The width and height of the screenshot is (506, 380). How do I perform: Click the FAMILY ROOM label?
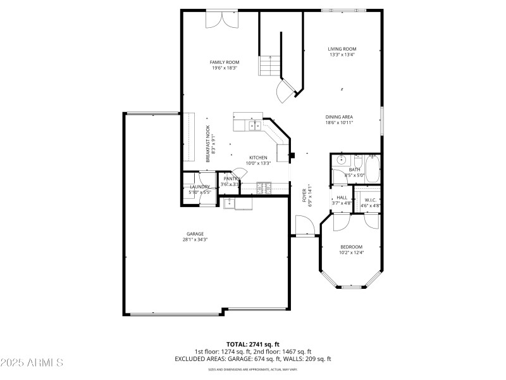(225, 62)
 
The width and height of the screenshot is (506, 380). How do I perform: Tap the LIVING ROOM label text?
(342, 49)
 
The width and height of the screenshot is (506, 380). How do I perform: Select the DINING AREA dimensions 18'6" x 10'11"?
(339, 122)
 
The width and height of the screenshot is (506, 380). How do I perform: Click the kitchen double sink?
(256, 126)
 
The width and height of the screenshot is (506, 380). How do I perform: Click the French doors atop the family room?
(221, 20)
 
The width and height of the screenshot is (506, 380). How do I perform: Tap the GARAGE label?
(195, 234)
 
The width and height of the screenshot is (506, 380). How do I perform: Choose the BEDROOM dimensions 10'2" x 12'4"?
(351, 253)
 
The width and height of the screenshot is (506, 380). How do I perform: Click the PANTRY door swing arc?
(239, 173)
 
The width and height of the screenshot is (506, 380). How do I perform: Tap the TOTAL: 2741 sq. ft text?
(252, 344)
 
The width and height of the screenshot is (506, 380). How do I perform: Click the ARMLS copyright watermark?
(32, 363)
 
